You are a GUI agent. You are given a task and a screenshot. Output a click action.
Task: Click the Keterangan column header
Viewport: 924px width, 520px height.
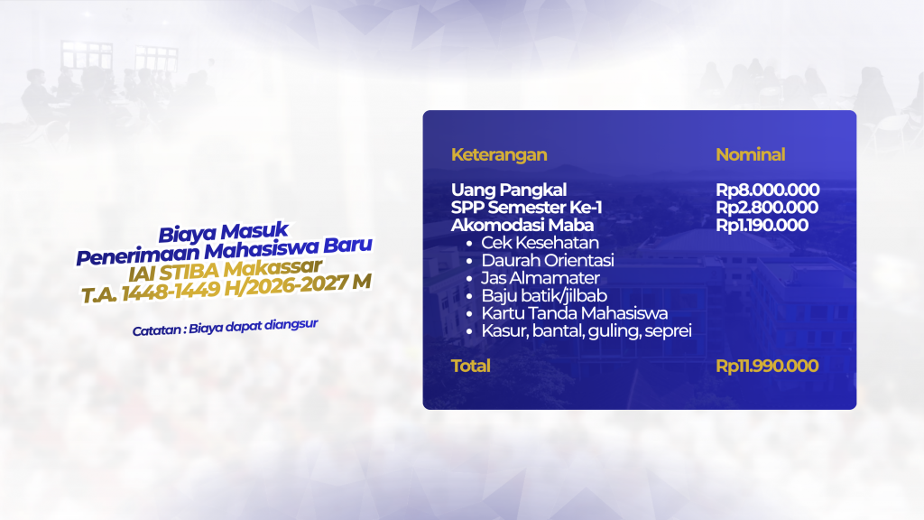[499, 154]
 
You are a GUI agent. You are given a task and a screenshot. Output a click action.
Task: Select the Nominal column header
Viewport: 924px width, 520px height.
[750, 154]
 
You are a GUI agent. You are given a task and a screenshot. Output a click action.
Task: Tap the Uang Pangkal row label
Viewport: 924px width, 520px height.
[509, 190]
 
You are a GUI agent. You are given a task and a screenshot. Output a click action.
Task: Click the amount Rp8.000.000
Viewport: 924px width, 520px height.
[767, 190]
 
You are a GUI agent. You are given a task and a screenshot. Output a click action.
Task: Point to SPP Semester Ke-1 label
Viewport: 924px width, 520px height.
[526, 208]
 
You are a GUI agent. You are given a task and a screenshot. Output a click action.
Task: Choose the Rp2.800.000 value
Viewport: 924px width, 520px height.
[767, 208]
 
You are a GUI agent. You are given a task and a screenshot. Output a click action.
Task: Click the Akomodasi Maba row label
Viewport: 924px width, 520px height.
[522, 225]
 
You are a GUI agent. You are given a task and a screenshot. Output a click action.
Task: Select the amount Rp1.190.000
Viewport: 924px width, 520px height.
[762, 225]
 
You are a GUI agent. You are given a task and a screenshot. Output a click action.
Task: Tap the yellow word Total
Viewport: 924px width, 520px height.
[470, 367]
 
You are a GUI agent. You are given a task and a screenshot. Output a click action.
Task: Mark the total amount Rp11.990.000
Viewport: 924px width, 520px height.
[767, 367]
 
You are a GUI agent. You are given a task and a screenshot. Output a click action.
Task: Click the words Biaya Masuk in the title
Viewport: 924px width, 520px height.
[224, 232]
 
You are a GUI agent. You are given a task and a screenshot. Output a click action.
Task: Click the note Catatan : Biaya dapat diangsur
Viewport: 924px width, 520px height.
[225, 327]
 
